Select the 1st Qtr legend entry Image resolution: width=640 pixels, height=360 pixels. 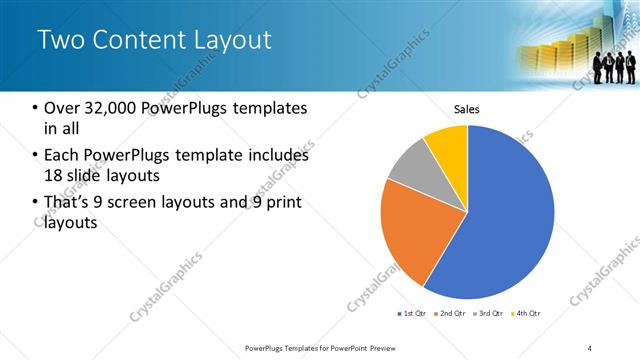(411, 314)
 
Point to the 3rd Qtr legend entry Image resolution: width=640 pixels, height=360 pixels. (490, 314)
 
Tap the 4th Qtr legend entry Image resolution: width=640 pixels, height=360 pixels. (528, 314)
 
